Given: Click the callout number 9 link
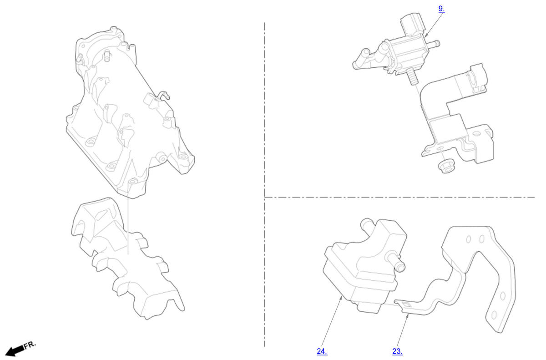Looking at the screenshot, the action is [x=441, y=9].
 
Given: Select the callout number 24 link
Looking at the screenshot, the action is [x=322, y=351].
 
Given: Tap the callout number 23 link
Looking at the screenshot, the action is [x=398, y=351].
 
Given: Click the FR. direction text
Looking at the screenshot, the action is [x=30, y=345].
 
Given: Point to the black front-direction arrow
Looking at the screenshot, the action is [x=15, y=351].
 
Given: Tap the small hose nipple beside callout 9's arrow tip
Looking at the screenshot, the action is [x=434, y=44].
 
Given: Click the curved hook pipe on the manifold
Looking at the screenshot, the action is [x=163, y=95].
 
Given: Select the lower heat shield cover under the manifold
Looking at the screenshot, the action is [x=127, y=259].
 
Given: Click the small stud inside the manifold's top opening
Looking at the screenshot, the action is [x=107, y=56].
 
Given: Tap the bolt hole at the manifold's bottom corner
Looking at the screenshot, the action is [x=132, y=181].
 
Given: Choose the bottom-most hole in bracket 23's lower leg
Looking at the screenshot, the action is [x=494, y=315].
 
